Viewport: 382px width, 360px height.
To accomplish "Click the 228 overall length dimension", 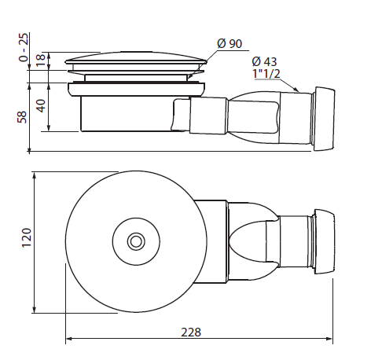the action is point(191,332).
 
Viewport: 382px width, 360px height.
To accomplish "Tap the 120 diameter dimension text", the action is point(27,237).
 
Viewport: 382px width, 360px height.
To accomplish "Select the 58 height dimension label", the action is point(22,117).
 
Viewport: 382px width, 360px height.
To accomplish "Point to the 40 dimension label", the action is point(41,105).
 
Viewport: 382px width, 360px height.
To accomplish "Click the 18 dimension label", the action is point(41,61).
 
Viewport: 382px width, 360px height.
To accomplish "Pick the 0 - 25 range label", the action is point(24,47).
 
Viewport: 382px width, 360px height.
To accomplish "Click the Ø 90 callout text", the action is point(230,43).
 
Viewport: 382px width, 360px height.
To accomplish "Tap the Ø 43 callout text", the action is point(264,61).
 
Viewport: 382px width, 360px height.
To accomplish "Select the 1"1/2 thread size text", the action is point(266,73).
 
